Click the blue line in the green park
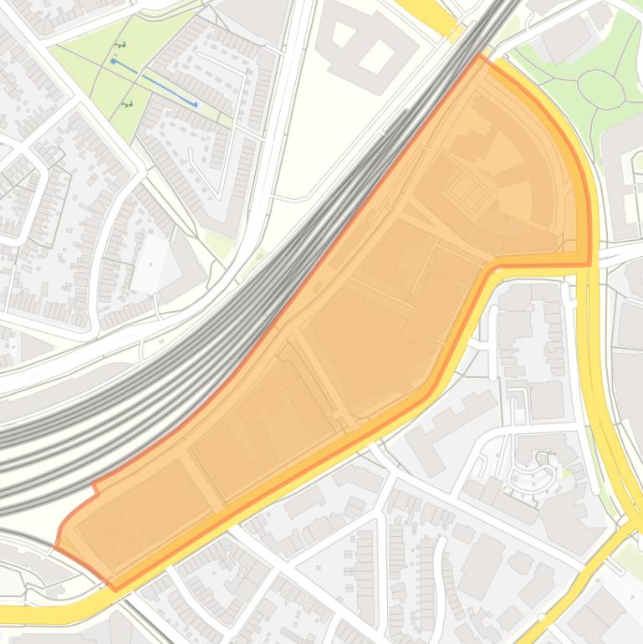coord(155,83)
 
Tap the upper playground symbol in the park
coord(121,45)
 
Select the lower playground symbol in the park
coord(127,105)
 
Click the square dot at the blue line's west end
coord(114,61)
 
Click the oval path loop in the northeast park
coord(601,87)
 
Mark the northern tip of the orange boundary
coord(480,56)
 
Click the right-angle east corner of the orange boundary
coord(589,264)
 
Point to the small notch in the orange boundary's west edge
coord(95,487)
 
